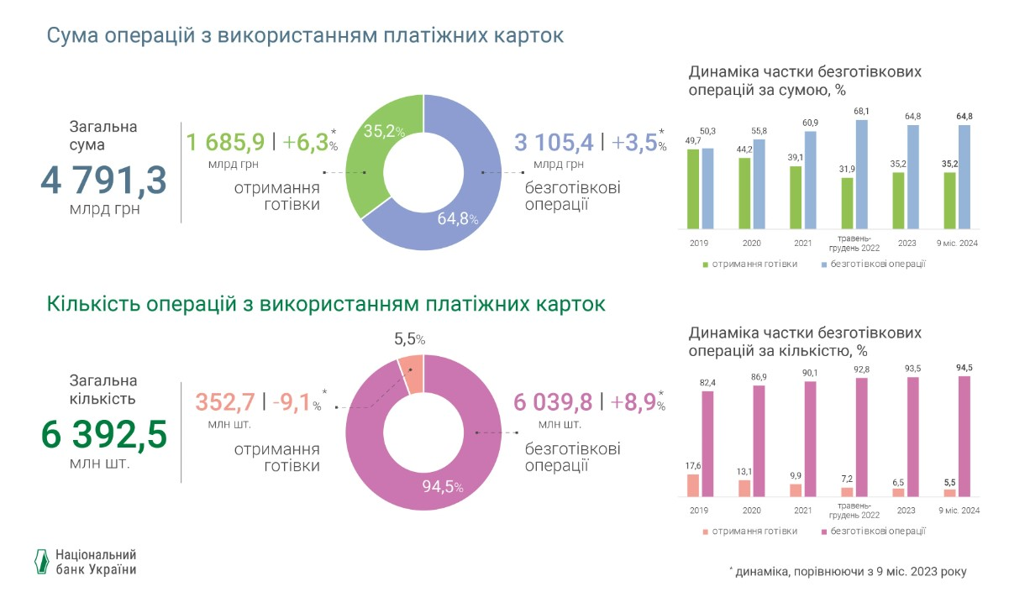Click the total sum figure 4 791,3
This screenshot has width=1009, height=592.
coord(103,180)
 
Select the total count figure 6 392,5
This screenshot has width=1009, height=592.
coord(103,436)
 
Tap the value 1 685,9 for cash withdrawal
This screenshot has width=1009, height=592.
coord(226,142)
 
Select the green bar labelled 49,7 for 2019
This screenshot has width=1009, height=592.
coord(693,189)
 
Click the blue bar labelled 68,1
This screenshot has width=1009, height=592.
coord(861,174)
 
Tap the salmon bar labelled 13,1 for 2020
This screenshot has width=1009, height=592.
coord(744,488)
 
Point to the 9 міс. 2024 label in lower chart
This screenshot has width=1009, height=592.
coord(959,510)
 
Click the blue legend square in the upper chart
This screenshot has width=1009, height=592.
coord(823,265)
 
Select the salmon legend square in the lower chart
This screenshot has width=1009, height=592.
coord(705,531)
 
